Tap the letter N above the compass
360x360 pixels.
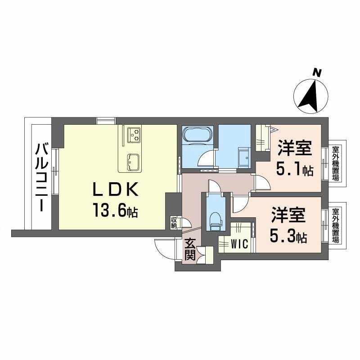pyautogui.click(x=317, y=72)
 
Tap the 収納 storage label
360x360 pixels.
pyautogui.click(x=174, y=223)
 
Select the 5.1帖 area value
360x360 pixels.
pyautogui.click(x=295, y=170)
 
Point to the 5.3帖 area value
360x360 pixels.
pyautogui.click(x=288, y=237)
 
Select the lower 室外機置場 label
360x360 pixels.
pyautogui.click(x=335, y=225)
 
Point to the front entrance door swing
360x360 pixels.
pyautogui.click(x=164, y=247)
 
